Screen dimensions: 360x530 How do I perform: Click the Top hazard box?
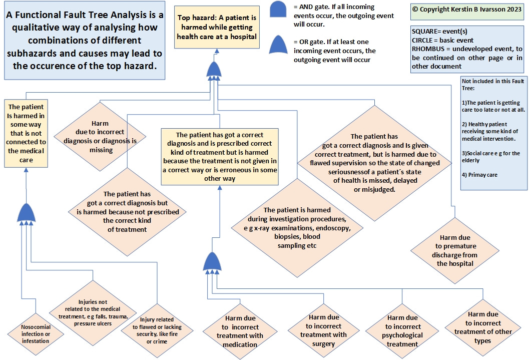click(x=217, y=28)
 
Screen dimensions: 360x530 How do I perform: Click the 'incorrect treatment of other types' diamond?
click(x=482, y=327)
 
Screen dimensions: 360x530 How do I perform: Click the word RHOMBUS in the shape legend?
click(x=427, y=49)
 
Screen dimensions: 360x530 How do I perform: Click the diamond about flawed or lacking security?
click(x=157, y=330)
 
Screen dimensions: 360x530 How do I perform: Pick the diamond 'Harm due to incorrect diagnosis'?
click(x=100, y=137)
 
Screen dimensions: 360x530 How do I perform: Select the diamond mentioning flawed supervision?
click(x=374, y=163)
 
